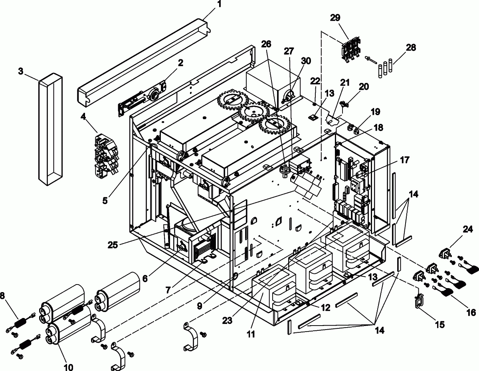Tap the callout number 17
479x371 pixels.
tap(404, 160)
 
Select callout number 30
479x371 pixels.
tap(306, 61)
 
